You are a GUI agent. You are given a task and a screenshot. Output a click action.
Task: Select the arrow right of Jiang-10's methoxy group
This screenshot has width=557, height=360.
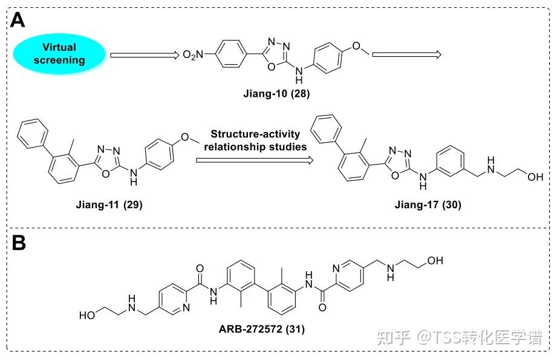click(x=406, y=55)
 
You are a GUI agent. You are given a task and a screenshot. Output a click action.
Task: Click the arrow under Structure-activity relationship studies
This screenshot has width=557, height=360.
click(x=255, y=160)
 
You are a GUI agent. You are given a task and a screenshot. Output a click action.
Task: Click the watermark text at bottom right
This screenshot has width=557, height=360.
click(x=459, y=337)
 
